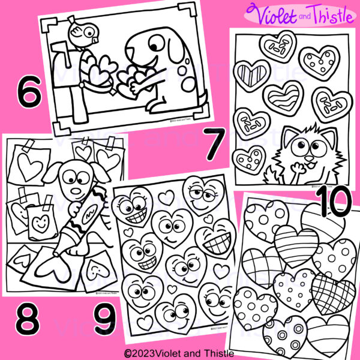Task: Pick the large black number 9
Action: pos(106,322)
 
